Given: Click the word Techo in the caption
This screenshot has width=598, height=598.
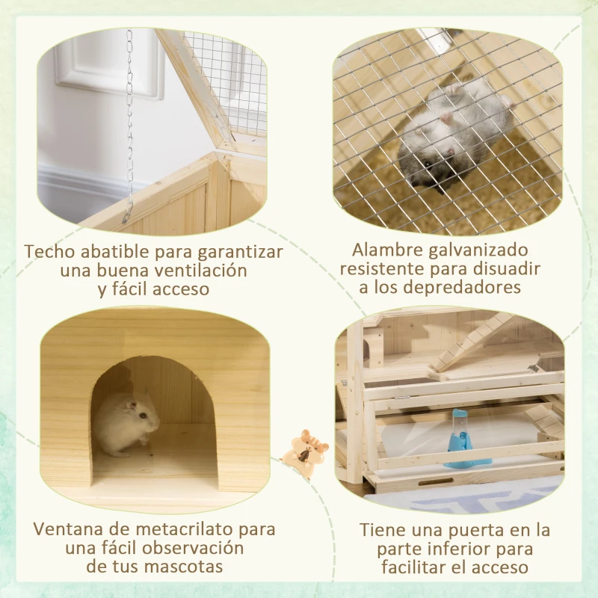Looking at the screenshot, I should (x=49, y=252).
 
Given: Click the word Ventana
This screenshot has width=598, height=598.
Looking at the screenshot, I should (x=64, y=530).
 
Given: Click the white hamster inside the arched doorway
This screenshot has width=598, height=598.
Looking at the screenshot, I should (x=127, y=422).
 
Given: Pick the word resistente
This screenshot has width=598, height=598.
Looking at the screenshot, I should (x=389, y=268).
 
